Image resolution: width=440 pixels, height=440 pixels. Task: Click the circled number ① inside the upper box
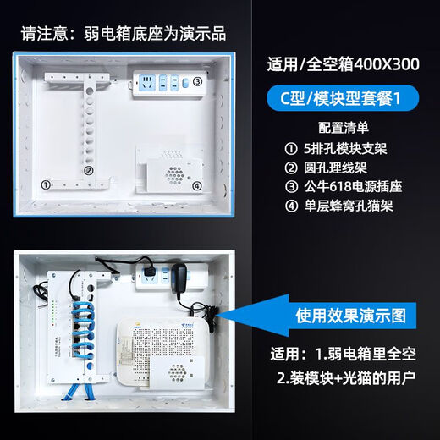tap(48, 184)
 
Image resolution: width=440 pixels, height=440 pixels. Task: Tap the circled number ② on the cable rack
tap(87, 169)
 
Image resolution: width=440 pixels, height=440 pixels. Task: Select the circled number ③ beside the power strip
tap(197, 82)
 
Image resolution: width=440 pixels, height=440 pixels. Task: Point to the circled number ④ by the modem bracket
tap(196, 186)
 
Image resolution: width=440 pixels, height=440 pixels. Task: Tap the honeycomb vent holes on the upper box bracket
tap(175, 172)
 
